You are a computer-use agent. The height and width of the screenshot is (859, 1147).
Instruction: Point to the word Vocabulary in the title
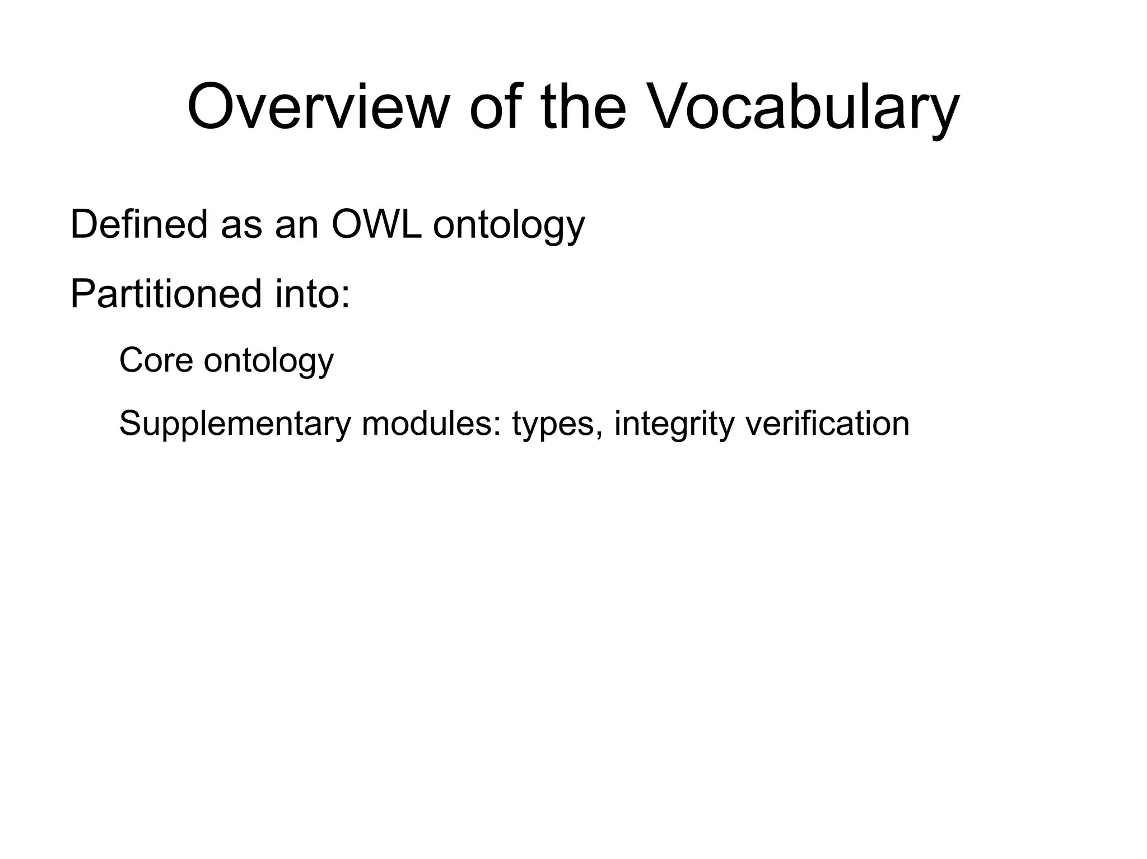(x=804, y=109)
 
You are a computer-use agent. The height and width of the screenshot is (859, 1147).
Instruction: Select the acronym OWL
(x=376, y=224)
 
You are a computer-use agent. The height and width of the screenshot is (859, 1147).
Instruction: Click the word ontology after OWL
(x=509, y=227)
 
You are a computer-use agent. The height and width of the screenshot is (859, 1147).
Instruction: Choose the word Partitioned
(x=166, y=294)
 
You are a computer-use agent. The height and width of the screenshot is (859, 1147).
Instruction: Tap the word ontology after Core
(x=269, y=362)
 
